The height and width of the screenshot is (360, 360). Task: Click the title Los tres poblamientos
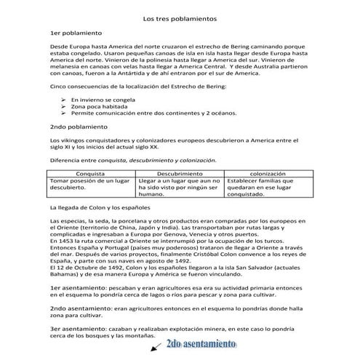pyautogui.click(x=180, y=17)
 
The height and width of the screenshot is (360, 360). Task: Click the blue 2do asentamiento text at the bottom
pyautogui.click(x=201, y=344)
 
